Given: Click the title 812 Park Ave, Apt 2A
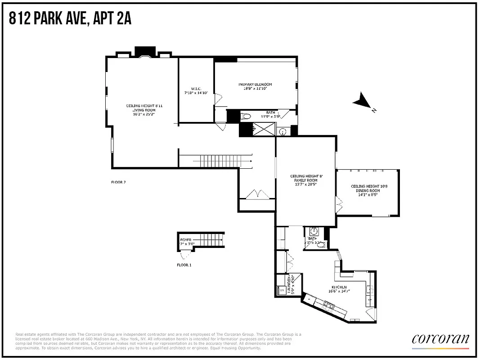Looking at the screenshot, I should tap(70, 18).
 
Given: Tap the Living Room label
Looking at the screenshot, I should tap(144, 110).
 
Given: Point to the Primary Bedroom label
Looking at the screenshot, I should tap(255, 84).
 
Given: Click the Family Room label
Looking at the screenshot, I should tap(306, 180).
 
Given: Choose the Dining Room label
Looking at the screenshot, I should tap(368, 191).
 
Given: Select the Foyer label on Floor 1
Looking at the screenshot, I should tap(186, 240).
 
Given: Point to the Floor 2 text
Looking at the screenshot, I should tap(118, 182).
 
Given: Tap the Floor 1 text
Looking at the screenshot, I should tap(184, 265).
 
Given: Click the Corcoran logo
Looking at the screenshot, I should tap(440, 338).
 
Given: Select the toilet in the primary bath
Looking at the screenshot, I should tap(246, 117).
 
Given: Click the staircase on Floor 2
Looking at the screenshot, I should tap(216, 160).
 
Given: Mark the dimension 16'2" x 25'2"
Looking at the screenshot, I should tap(144, 114).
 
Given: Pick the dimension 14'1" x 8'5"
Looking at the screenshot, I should tap(368, 195).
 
